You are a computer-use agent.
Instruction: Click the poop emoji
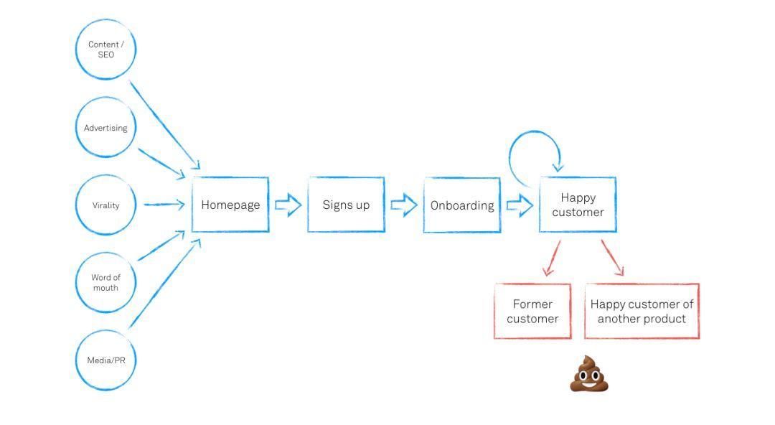tap(588, 374)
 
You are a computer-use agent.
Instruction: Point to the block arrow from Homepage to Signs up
tap(288, 205)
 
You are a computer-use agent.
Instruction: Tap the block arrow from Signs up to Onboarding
tap(404, 205)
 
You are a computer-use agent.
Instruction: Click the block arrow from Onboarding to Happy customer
tap(520, 205)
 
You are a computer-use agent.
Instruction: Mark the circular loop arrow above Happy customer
tap(535, 131)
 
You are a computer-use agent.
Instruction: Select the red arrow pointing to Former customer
tap(552, 258)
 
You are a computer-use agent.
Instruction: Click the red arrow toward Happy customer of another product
tap(612, 257)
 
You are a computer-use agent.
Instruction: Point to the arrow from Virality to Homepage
tap(164, 204)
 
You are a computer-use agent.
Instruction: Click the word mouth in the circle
tap(105, 288)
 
